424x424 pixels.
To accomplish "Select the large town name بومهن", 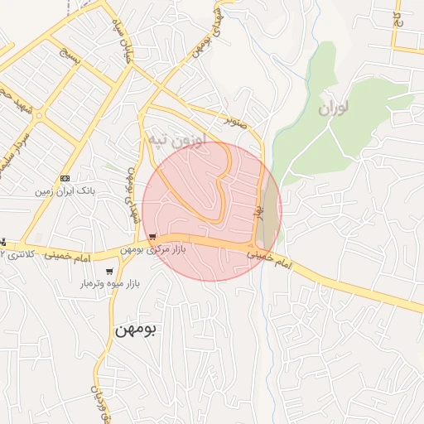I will coord(137,329).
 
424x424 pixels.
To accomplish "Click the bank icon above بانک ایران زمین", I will coord(65,178).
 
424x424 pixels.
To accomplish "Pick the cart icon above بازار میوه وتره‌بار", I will coord(109,272).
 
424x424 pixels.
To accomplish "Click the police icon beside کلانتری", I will coord(3,243).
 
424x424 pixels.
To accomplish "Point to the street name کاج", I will coord(397,17).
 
